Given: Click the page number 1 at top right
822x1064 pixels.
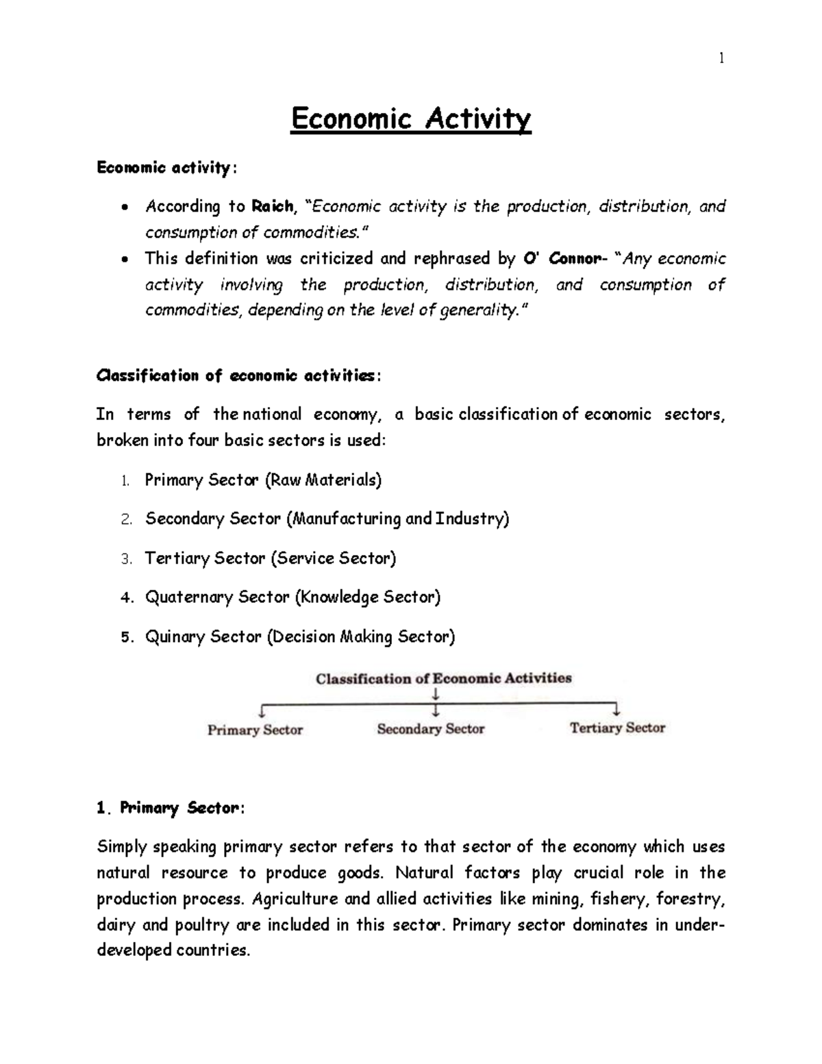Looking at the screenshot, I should (x=721, y=58).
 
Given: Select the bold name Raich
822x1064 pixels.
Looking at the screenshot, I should (x=273, y=206).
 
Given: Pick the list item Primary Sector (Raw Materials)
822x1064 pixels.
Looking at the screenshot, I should (x=263, y=480).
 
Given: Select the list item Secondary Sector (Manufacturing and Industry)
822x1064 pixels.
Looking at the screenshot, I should (x=327, y=519).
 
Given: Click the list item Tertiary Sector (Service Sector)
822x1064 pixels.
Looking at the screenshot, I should (x=271, y=558).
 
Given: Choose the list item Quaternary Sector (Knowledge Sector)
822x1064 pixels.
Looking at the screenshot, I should (x=292, y=597).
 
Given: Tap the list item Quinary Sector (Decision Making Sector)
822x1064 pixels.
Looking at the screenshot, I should (x=299, y=636).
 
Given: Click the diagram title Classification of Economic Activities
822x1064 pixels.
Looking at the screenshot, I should (x=443, y=678).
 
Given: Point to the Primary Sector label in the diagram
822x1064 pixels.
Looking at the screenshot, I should (x=255, y=730).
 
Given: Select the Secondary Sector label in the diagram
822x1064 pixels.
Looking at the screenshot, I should (x=431, y=729).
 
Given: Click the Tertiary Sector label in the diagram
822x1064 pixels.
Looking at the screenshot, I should (x=617, y=728).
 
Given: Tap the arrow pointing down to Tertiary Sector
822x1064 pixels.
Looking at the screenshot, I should (x=616, y=708).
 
